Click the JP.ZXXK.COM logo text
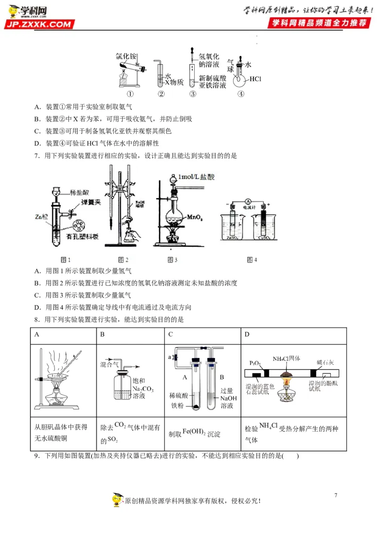tap(41, 24)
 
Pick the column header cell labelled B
tap(102, 335)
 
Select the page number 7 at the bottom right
tap(336, 495)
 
